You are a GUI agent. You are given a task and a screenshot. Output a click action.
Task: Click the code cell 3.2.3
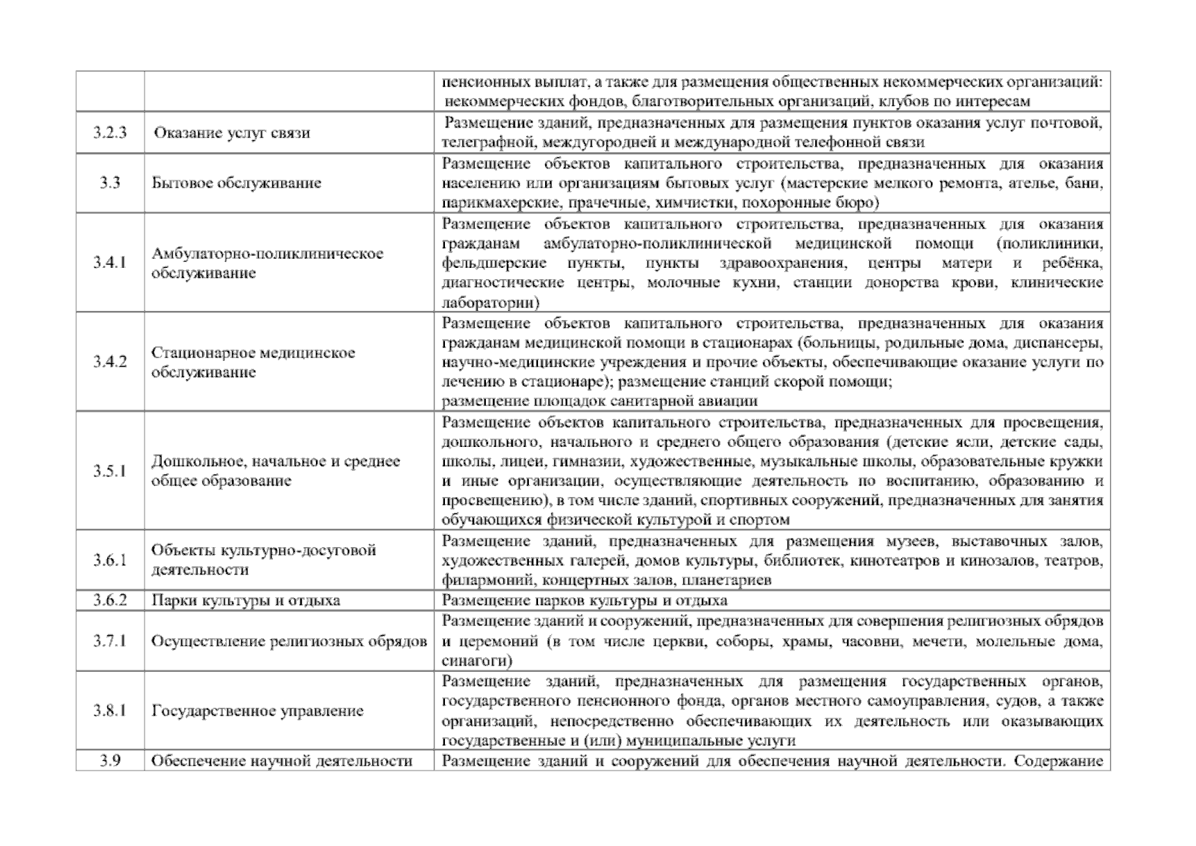(110, 133)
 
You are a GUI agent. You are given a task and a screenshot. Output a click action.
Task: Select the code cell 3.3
(110, 183)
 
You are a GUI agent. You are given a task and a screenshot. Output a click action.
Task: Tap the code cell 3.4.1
(110, 262)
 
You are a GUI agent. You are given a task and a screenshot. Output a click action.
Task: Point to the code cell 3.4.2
(110, 362)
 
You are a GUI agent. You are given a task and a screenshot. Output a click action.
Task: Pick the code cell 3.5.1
(110, 471)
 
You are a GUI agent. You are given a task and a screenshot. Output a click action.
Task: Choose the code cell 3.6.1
(110, 560)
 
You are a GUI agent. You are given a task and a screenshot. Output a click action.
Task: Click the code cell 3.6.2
(110, 600)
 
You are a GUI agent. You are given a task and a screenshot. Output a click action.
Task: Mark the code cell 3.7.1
(110, 641)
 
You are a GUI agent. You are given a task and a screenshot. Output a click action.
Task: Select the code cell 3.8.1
(110, 710)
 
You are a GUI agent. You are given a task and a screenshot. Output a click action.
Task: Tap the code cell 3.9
(110, 761)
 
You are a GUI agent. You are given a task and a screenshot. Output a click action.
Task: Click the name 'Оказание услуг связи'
(232, 133)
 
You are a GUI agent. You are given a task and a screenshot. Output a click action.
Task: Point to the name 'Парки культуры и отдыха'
(245, 600)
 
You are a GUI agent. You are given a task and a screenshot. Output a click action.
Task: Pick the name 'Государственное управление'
(257, 710)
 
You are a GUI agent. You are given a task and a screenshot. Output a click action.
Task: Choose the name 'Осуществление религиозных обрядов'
(289, 641)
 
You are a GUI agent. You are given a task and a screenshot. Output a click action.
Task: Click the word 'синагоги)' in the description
(477, 661)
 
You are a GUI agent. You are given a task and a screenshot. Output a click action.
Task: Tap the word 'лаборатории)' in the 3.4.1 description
(490, 302)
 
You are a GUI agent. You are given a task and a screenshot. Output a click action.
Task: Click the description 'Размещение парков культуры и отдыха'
(584, 600)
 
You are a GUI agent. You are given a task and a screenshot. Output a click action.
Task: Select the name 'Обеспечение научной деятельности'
(281, 761)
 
